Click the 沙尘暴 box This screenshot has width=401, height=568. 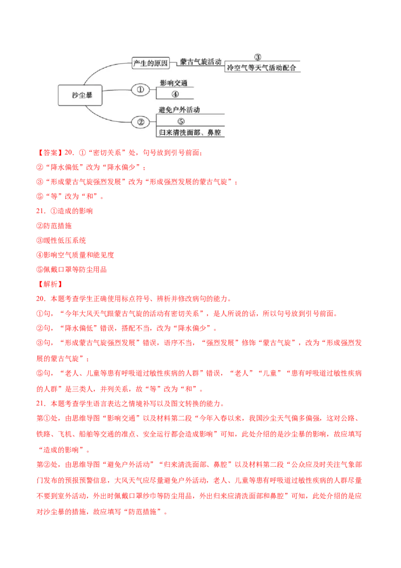tap(80, 93)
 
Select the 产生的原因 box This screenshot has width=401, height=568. tap(150, 63)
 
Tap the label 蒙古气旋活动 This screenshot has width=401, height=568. tap(200, 63)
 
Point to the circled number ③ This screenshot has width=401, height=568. tap(258, 57)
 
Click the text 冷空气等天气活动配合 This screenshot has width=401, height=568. tap(261, 67)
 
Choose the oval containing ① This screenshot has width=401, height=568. tap(141, 89)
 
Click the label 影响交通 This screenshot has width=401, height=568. tap(173, 83)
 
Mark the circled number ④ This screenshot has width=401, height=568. tap(175, 94)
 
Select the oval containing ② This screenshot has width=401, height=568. tap(141, 121)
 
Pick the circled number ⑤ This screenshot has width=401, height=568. tap(181, 121)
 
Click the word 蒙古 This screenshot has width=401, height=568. tap(186, 63)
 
